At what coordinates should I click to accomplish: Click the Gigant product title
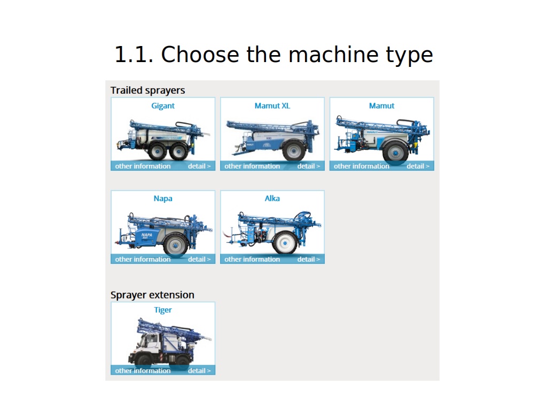tap(162, 106)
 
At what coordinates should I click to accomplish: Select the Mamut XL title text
tap(272, 106)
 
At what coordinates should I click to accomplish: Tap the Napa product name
tap(163, 199)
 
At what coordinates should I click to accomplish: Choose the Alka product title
tap(272, 199)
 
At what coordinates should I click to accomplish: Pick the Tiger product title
tap(163, 310)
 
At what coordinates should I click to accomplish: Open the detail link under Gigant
tap(199, 166)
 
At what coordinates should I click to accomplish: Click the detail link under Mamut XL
tap(309, 166)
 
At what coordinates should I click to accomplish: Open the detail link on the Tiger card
tap(199, 370)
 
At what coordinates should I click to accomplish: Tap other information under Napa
tap(143, 260)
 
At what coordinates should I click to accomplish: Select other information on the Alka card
tap(252, 260)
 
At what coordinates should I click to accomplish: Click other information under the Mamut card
tap(362, 166)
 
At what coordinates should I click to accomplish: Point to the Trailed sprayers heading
tap(147, 90)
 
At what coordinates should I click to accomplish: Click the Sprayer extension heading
tap(152, 295)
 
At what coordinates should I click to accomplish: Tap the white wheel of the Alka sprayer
tap(285, 243)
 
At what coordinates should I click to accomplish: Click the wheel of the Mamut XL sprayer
tap(294, 150)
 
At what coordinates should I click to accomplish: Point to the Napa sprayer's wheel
tap(175, 245)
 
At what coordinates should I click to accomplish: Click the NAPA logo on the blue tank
tap(147, 235)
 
